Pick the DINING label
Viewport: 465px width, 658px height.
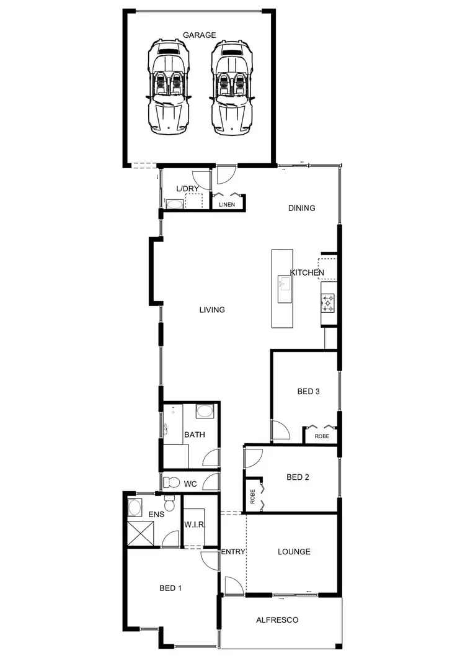coord(302,208)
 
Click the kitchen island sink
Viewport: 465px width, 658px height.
coord(285,286)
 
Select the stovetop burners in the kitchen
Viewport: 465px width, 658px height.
coord(327,304)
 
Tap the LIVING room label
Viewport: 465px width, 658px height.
coord(212,310)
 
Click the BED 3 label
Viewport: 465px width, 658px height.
coord(308,391)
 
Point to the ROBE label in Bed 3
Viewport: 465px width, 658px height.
coord(322,436)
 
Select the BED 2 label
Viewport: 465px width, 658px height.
coord(298,477)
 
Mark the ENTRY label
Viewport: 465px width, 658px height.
coord(233,551)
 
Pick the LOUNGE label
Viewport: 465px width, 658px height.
coord(294,551)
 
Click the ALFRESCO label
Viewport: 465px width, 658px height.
coord(277,620)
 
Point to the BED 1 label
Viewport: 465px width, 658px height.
coord(170,587)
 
